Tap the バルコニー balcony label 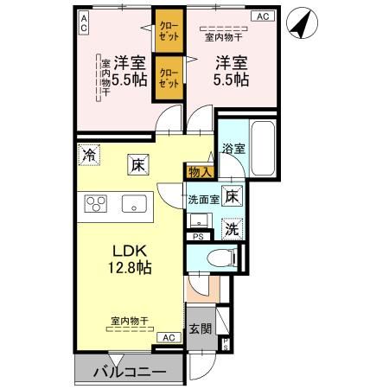[x=131, y=373]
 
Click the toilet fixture [x=220, y=257]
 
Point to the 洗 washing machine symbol [x=232, y=228]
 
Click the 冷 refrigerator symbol [x=89, y=156]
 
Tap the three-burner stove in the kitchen [x=94, y=204]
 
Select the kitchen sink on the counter [x=134, y=204]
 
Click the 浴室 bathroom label [x=233, y=148]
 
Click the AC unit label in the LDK [x=169, y=337]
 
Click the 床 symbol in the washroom [x=231, y=195]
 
